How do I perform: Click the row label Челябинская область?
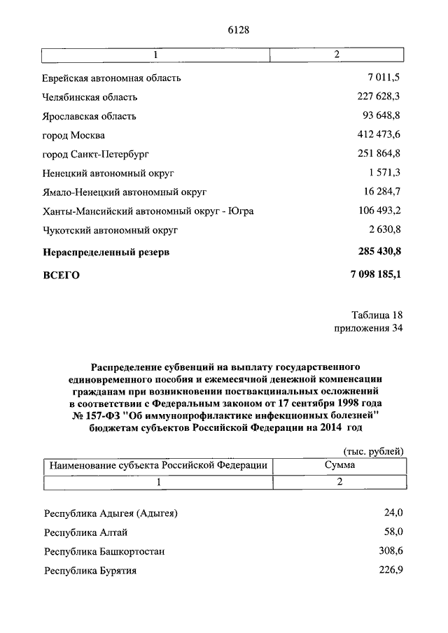click(x=90, y=97)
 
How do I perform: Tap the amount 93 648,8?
click(x=381, y=116)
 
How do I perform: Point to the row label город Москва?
click(x=74, y=135)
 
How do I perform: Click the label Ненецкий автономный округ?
click(x=108, y=173)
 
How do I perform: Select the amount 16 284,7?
click(x=381, y=192)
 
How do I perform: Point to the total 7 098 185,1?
click(x=371, y=275)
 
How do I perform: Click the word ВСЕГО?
click(x=62, y=276)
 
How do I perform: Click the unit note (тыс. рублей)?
click(x=374, y=451)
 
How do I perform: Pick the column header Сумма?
click(x=339, y=465)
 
